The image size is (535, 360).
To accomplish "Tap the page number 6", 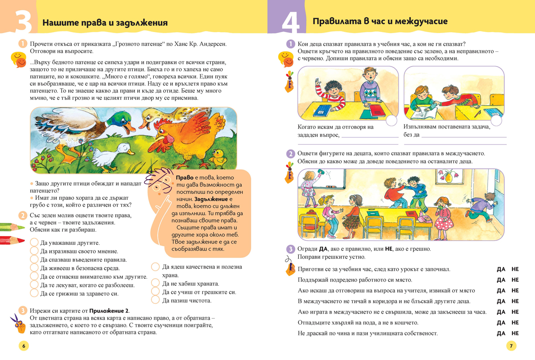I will [24, 346].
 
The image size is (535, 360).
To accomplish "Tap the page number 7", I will [511, 346].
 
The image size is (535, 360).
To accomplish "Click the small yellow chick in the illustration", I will [218, 156].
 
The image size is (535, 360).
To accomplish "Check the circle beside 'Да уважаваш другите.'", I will [34, 243].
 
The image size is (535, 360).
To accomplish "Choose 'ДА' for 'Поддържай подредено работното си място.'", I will [501, 280].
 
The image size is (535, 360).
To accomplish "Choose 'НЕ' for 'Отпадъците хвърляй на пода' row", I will [515, 323].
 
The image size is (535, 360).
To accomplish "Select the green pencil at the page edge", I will [12, 226].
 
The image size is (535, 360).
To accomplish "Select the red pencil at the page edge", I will [12, 240].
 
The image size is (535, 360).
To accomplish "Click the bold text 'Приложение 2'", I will [110, 310].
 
